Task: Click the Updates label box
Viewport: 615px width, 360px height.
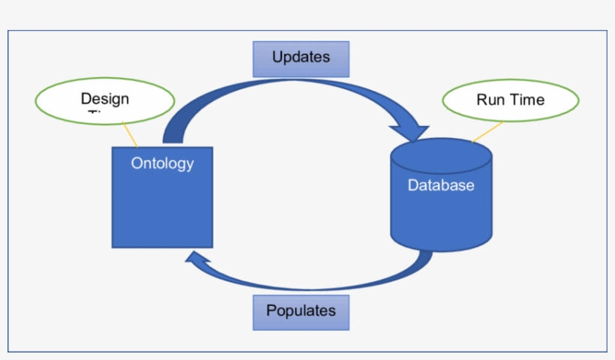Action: click(301, 58)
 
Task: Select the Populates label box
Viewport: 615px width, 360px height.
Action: click(301, 312)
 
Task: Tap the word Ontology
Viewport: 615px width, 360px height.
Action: click(162, 163)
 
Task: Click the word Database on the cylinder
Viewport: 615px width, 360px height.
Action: click(441, 185)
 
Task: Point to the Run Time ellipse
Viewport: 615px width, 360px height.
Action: click(511, 100)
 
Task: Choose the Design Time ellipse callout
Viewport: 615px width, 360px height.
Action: click(105, 100)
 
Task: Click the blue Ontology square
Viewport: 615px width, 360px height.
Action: click(162, 206)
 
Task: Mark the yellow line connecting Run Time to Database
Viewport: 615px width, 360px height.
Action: click(487, 131)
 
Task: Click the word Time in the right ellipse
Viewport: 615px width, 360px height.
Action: click(527, 100)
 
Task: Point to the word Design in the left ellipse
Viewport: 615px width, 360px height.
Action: click(105, 98)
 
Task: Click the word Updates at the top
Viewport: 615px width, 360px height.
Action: click(301, 58)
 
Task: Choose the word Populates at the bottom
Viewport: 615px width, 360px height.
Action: click(301, 310)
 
